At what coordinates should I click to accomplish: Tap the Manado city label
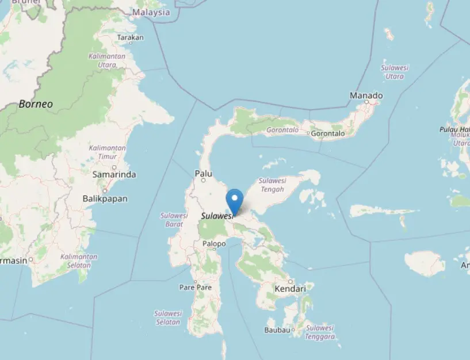click(x=366, y=95)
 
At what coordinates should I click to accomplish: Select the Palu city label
click(x=204, y=173)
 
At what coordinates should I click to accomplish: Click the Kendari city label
click(x=290, y=289)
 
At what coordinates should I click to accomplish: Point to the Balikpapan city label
click(x=105, y=198)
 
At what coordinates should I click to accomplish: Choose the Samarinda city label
click(x=114, y=174)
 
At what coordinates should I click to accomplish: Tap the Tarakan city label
click(x=130, y=38)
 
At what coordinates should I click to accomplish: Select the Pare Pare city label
click(x=195, y=287)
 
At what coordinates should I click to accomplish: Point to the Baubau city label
click(x=276, y=330)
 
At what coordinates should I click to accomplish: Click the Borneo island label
click(x=36, y=104)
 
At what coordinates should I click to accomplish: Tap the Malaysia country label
click(x=151, y=12)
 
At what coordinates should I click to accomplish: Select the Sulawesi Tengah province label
click(x=272, y=185)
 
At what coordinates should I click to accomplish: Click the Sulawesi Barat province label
click(x=174, y=220)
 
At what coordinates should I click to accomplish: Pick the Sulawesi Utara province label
click(x=395, y=72)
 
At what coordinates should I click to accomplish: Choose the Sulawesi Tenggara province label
click(x=320, y=332)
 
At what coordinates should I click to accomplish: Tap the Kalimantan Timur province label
click(x=107, y=152)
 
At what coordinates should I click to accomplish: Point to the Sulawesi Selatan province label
click(x=168, y=317)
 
